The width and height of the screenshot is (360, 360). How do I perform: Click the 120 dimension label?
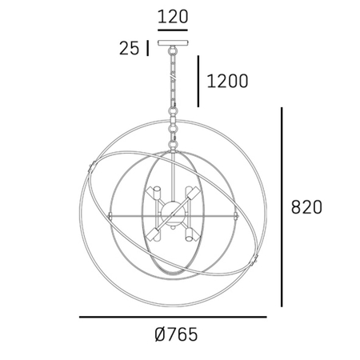point(173,17)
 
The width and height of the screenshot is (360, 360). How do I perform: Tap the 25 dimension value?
point(129,48)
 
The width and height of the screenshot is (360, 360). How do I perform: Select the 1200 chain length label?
point(227,81)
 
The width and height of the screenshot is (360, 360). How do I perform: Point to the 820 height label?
point(306,207)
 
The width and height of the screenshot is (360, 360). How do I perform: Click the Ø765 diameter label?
point(176,334)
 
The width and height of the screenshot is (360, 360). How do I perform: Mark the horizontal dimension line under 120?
point(173,30)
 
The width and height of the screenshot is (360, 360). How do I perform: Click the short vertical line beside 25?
point(147,48)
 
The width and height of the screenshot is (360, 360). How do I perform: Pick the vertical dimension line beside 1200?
point(198,82)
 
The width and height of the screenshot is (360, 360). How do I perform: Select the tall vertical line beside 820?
point(282,207)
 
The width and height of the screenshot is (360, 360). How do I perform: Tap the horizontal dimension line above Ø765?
point(173,317)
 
